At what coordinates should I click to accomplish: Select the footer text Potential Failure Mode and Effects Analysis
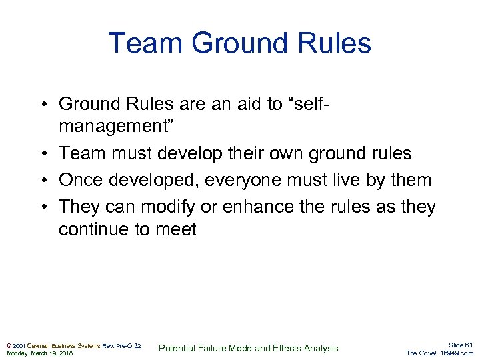click(x=249, y=348)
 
